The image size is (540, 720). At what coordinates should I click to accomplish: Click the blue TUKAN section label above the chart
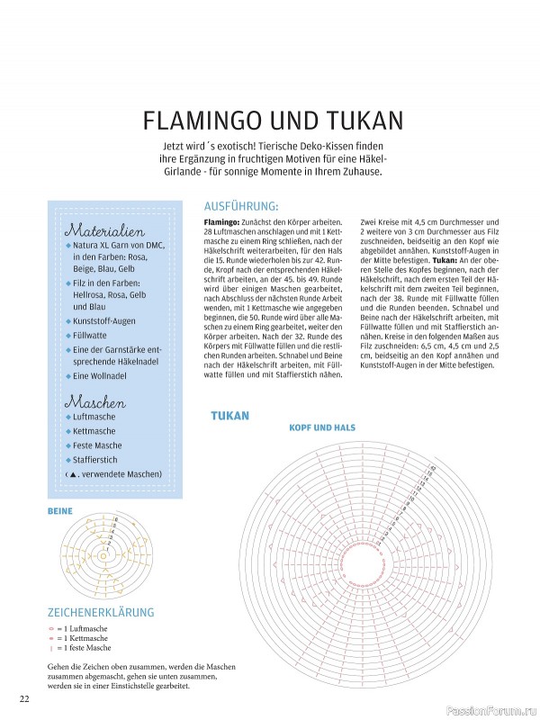(x=229, y=416)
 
